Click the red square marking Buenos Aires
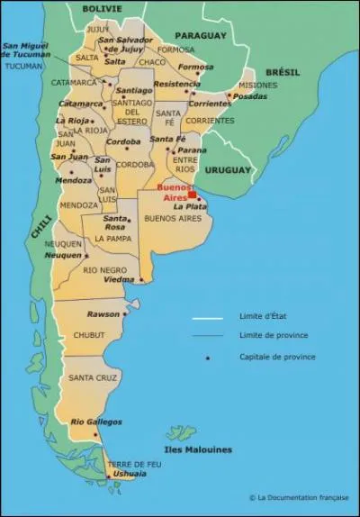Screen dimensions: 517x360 pyautogui.click(x=192, y=195)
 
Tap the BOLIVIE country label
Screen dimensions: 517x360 pyautogui.click(x=102, y=8)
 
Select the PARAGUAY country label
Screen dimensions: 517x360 pyautogui.click(x=199, y=36)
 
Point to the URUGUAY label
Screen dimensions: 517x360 pyautogui.click(x=226, y=169)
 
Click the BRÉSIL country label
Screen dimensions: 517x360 pyautogui.click(x=282, y=72)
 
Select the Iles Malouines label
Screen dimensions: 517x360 pyautogui.click(x=198, y=449)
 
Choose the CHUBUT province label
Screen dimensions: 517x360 pyautogui.click(x=88, y=335)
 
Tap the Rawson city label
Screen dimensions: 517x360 pyautogui.click(x=103, y=313)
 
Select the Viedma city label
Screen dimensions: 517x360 pyautogui.click(x=119, y=279)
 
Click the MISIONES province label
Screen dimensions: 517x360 pyautogui.click(x=258, y=86)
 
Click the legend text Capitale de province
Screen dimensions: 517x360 pyautogui.click(x=277, y=357)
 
